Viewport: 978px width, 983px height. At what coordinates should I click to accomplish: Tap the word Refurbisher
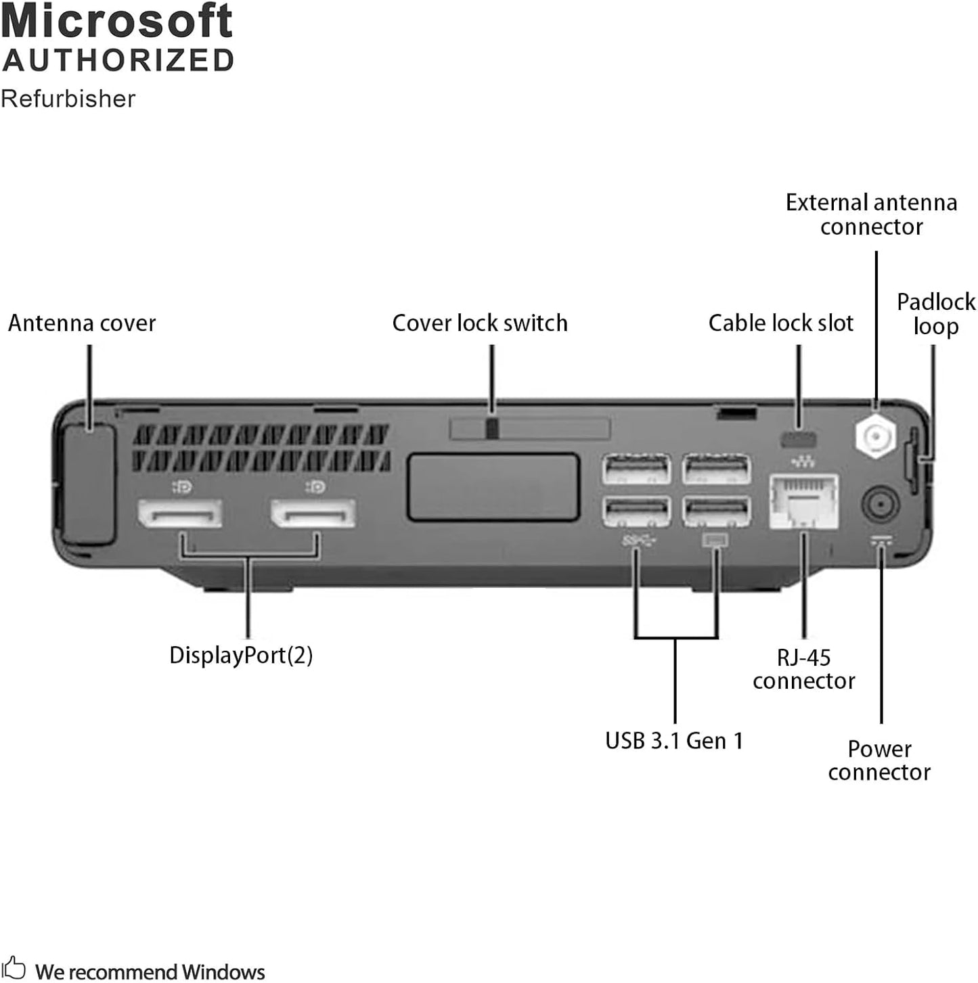click(68, 99)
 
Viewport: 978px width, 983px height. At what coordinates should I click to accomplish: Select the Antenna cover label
click(81, 323)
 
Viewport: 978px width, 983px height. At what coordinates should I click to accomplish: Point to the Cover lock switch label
click(479, 323)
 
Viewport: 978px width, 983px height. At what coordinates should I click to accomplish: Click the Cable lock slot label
click(780, 323)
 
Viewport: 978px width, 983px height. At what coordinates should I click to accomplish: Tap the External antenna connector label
click(871, 214)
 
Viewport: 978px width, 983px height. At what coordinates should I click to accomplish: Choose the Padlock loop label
click(935, 314)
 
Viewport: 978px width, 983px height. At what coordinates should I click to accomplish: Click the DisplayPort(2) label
click(241, 655)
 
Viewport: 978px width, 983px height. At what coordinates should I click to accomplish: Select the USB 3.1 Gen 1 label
click(674, 741)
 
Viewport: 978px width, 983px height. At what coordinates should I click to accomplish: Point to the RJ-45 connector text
click(803, 669)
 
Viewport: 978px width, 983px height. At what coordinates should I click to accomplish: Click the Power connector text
click(879, 760)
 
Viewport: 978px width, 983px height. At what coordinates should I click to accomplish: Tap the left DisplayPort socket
click(180, 515)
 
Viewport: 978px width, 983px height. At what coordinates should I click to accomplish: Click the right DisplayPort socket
click(313, 515)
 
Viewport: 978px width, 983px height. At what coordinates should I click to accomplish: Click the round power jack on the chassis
click(880, 505)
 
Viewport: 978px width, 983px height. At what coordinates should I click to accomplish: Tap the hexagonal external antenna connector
click(876, 436)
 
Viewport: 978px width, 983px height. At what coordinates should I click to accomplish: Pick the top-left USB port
click(636, 469)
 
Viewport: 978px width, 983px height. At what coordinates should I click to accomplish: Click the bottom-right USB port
click(717, 511)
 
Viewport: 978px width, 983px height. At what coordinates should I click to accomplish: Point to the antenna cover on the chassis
click(88, 484)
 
